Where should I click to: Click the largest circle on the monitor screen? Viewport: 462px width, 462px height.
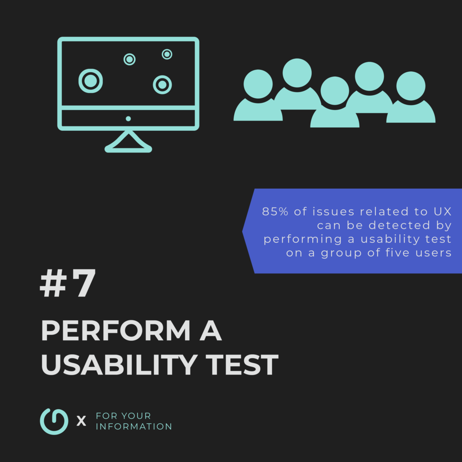tap(90, 81)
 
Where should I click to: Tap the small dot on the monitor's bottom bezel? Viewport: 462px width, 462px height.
tap(128, 119)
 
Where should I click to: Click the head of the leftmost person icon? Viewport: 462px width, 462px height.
tap(258, 84)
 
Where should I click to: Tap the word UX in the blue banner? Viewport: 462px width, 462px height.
tap(441, 212)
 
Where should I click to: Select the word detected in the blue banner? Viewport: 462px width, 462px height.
tap(397, 225)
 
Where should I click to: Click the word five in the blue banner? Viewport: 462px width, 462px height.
tap(397, 253)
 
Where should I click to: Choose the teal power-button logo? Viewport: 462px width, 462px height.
tap(54, 421)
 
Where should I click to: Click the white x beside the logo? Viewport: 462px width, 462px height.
tap(81, 421)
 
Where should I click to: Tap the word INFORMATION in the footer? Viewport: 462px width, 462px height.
tap(134, 426)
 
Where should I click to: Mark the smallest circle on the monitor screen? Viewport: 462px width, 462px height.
tap(167, 54)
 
